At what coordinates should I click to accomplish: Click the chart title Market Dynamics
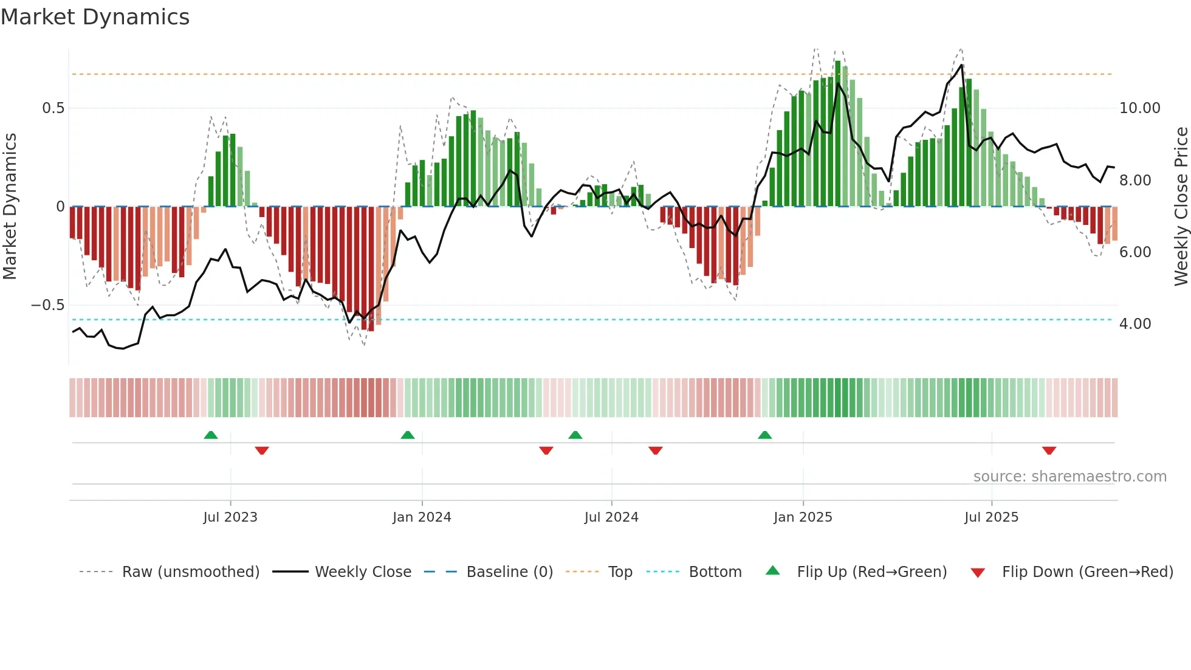95,17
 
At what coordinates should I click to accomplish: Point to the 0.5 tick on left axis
53,108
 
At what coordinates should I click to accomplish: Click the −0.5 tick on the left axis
47,305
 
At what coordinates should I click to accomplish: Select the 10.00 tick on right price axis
1139,108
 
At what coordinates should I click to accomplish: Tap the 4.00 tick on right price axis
1134,324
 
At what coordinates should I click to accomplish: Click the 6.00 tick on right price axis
1134,252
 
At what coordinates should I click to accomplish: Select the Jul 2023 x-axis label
230,517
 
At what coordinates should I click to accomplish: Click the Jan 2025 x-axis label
803,517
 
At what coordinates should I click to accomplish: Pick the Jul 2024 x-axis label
611,517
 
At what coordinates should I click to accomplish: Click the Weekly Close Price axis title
1181,207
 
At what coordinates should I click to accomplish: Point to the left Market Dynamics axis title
10,207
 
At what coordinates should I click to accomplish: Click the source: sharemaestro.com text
1069,477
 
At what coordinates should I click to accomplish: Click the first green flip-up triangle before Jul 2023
211,435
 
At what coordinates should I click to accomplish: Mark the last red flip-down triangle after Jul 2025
1049,451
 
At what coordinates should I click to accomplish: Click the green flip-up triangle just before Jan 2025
765,435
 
